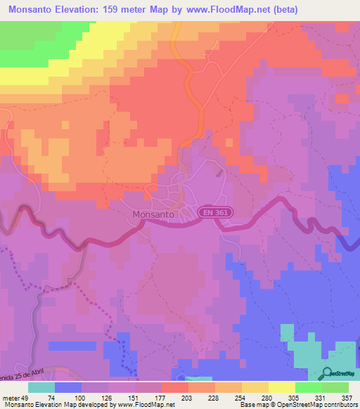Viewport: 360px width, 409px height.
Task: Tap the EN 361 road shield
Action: [217, 212]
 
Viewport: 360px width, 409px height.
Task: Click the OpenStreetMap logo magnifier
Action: [328, 373]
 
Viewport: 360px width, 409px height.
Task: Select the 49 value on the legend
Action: [26, 397]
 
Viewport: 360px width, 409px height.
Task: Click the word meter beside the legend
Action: [9, 397]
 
